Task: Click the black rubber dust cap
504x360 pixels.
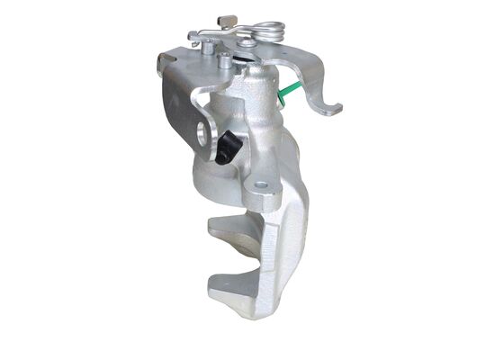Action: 228,147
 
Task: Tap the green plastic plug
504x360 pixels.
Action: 290,90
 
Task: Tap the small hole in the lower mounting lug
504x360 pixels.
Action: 261,188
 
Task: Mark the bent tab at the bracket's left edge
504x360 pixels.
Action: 164,61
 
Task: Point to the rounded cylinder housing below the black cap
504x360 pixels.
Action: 216,180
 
